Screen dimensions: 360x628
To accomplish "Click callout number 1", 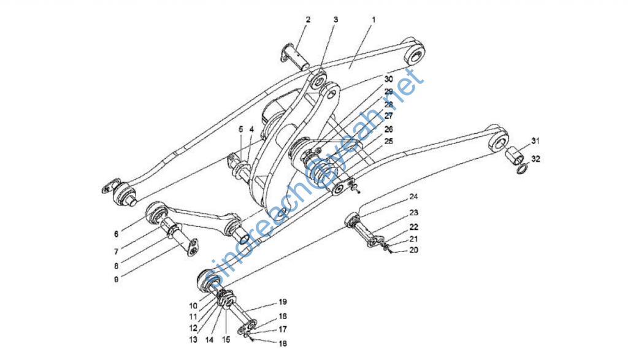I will click(373, 20).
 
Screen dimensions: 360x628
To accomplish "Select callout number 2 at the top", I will click(308, 20).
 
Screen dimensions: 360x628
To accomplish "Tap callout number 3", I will click(335, 20).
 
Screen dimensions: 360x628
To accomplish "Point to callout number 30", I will click(388, 80).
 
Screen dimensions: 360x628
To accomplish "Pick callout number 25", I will click(388, 142).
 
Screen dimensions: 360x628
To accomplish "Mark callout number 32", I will click(536, 159).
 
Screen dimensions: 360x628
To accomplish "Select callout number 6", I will click(115, 234).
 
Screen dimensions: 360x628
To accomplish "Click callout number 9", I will click(115, 278).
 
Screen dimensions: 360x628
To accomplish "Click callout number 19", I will click(283, 302).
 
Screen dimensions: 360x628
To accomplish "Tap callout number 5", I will click(241, 129).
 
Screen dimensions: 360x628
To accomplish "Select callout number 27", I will click(388, 115).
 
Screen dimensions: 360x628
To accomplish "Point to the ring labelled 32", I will click(520, 167).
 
